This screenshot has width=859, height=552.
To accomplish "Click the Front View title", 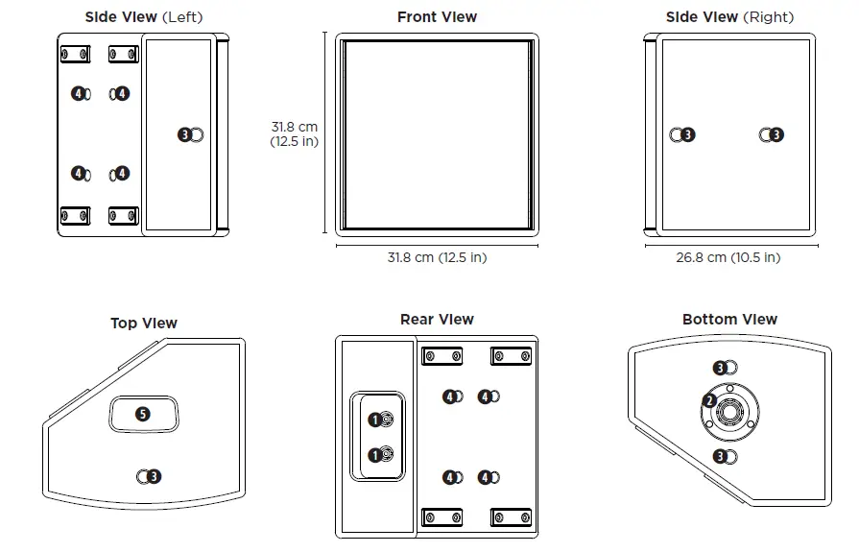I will click(437, 17).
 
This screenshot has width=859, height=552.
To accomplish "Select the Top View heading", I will click(144, 324).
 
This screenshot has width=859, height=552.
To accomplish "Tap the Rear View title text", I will click(437, 320).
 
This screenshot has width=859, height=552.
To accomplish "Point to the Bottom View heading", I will click(729, 320).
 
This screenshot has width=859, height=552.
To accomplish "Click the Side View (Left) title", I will click(144, 17).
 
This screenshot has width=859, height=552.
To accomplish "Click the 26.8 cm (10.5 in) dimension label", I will click(728, 257).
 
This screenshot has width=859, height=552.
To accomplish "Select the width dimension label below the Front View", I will click(437, 257).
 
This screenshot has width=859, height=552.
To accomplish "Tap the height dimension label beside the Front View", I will click(294, 134).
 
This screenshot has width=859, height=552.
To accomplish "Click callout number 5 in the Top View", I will click(142, 414).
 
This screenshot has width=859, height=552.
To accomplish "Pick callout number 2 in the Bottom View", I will click(709, 400).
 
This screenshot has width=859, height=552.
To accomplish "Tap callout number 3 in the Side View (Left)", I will click(184, 135).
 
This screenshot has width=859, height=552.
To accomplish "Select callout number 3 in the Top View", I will click(154, 475).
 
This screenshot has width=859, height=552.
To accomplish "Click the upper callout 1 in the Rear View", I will click(373, 420).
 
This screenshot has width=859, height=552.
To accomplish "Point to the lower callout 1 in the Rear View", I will click(373, 454).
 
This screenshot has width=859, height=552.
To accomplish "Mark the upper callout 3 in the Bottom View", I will click(720, 368).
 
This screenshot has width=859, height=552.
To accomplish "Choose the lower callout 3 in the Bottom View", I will click(720, 455).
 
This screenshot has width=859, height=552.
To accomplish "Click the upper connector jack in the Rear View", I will click(387, 420).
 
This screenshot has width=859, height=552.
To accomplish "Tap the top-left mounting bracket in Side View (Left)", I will click(76, 54).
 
